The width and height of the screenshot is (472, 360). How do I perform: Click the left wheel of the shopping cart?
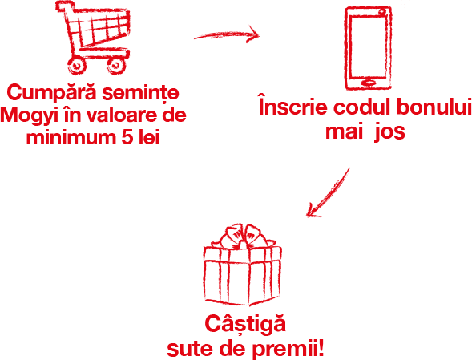click(77, 64)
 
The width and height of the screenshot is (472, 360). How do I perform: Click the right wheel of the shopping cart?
click(116, 65)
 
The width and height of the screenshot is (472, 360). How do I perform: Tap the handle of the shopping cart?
click(64, 6)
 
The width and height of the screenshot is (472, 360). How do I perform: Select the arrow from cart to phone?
click(226, 34)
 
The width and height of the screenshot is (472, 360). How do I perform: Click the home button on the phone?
click(368, 83)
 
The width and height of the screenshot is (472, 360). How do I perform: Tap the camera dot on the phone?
click(382, 12)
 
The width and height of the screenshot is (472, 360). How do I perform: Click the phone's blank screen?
click(368, 47)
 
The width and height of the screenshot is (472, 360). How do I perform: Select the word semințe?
click(140, 93)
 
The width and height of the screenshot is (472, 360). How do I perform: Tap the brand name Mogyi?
click(30, 116)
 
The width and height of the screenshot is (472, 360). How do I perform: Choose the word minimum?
click(71, 137)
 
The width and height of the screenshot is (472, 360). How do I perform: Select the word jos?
click(389, 131)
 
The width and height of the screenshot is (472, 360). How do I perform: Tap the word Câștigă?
click(245, 324)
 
